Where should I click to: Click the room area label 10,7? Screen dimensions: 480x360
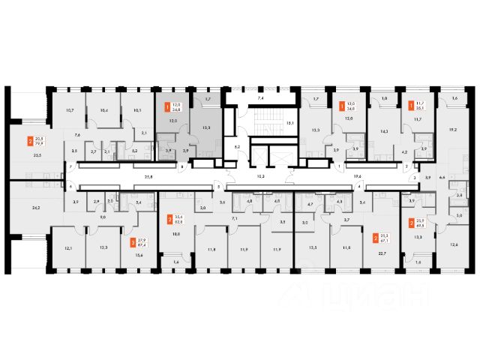69,110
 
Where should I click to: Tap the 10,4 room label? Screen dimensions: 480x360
103,110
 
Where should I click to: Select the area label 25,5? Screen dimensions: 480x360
37,155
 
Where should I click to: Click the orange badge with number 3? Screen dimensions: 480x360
133,243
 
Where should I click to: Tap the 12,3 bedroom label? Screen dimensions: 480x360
103,248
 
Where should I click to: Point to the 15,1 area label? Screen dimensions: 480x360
289,122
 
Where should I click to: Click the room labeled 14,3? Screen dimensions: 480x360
385,131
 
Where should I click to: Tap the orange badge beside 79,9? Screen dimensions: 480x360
30,141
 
